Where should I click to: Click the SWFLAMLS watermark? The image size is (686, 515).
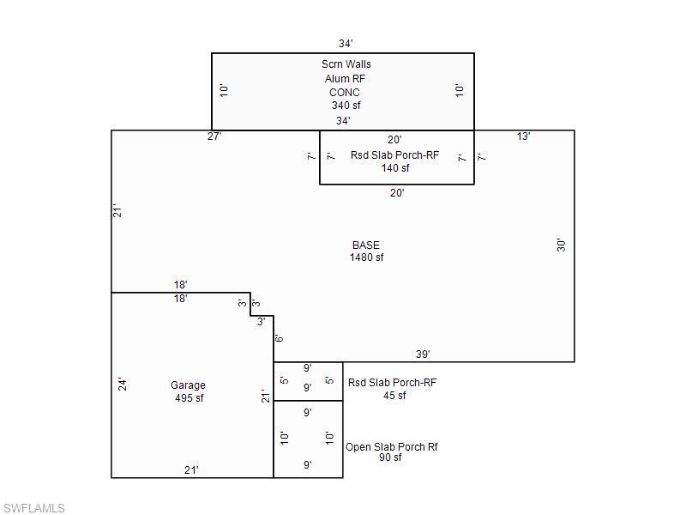[x=34, y=508]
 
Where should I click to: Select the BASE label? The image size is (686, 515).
[x=366, y=245]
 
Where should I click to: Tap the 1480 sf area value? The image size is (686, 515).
[x=367, y=257]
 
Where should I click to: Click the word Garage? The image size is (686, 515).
[x=188, y=385]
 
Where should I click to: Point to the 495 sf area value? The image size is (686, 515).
[x=190, y=398]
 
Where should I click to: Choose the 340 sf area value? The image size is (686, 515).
[x=346, y=106]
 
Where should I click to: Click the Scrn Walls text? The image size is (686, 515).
[x=346, y=64]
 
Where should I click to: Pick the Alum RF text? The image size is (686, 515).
[x=345, y=79]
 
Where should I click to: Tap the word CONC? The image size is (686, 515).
[x=345, y=93]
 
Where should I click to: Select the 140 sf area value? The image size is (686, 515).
[x=395, y=168]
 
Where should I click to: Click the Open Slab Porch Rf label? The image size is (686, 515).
[x=392, y=447]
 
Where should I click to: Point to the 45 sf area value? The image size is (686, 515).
[x=394, y=396]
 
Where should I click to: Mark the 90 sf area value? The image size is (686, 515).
[x=390, y=457]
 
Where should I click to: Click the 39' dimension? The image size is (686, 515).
[x=423, y=354]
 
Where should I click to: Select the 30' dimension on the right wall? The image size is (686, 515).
[x=562, y=245]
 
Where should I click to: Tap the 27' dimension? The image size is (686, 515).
[x=214, y=136]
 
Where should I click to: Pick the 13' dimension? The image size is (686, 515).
[x=524, y=136]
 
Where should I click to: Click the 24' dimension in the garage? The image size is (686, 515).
[x=123, y=385]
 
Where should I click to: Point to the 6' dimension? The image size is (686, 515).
[x=280, y=338]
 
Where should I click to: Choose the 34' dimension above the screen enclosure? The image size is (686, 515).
[x=346, y=44]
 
